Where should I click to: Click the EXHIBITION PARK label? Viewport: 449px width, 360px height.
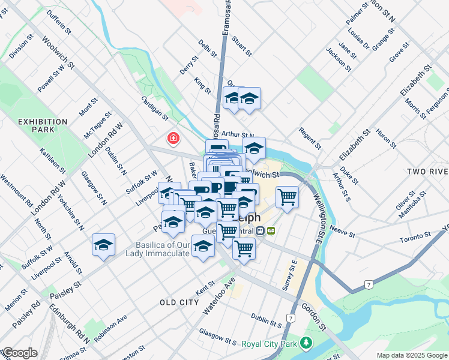click(x=43, y=126)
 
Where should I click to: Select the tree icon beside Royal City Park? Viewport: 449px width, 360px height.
click(x=306, y=343)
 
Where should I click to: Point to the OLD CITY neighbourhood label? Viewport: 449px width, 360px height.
click(x=179, y=302)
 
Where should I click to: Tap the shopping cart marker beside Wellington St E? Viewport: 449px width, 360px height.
click(x=288, y=196)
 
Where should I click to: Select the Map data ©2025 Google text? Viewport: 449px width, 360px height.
click(x=412, y=355)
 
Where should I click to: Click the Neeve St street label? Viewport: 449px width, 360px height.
click(x=343, y=229)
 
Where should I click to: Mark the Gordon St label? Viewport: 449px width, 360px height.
click(x=314, y=317)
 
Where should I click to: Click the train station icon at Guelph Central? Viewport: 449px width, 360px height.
click(x=260, y=230)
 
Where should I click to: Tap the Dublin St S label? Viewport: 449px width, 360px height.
click(x=267, y=320)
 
